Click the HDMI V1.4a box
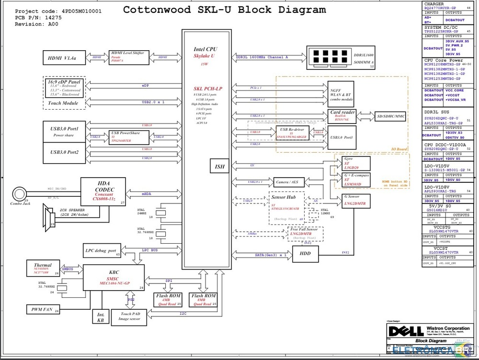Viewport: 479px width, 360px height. point(64,58)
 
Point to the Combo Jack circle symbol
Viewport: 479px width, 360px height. point(20,194)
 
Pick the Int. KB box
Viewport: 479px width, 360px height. point(101,317)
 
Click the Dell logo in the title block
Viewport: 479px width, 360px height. point(399,330)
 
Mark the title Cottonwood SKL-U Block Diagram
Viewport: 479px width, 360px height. point(225,10)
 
